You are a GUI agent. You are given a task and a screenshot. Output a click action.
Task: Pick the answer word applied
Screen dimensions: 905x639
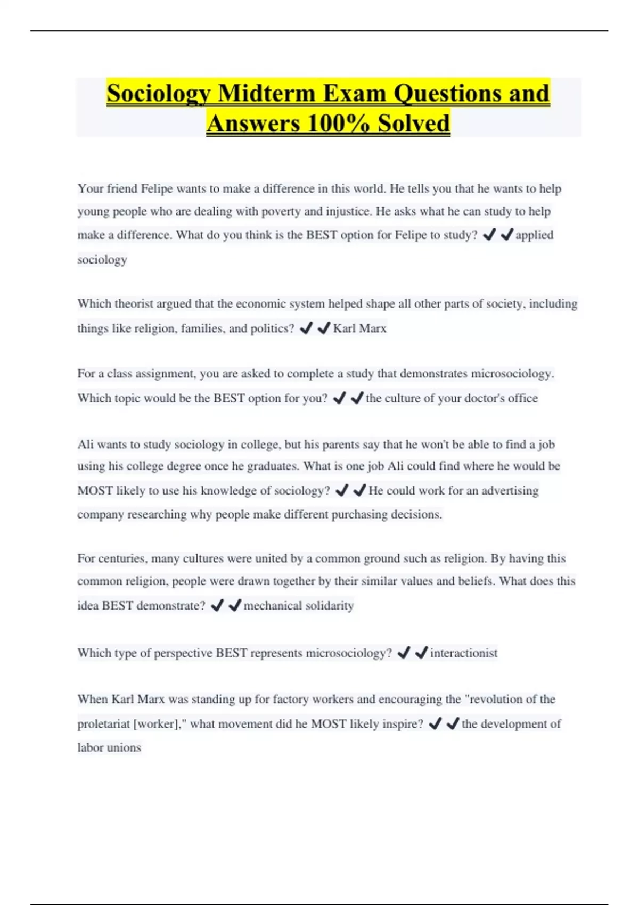pyautogui.click(x=534, y=235)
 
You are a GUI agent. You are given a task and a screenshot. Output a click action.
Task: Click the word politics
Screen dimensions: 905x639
pyautogui.click(x=272, y=328)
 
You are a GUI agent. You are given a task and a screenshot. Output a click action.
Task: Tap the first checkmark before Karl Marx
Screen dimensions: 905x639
pyautogui.click(x=306, y=328)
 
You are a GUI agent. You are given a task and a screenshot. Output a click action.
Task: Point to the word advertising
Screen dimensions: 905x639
pyautogui.click(x=510, y=490)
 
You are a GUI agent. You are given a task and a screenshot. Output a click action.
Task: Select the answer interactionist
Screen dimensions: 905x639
pyautogui.click(x=463, y=653)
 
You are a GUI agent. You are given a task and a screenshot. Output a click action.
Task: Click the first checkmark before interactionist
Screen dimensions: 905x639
pyautogui.click(x=404, y=653)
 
